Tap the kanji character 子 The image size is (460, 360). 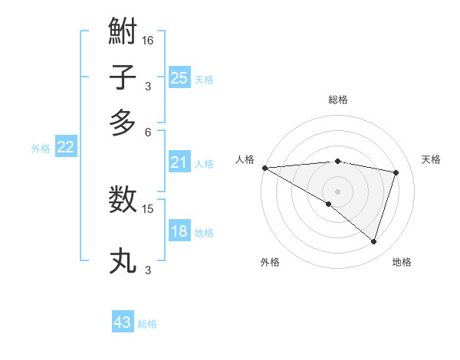[x=123, y=78]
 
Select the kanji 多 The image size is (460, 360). [x=123, y=123]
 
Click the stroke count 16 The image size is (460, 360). [x=148, y=40]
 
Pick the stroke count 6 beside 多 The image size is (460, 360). [x=148, y=131]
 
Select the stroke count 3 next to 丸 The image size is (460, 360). [x=148, y=270]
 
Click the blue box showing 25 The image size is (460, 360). [x=179, y=78]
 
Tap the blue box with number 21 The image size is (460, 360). [x=179, y=162]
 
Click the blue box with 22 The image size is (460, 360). [x=65, y=148]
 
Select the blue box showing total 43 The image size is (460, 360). [x=123, y=322]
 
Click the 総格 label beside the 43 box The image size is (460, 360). [x=148, y=324]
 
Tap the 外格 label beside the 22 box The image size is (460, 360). [x=41, y=149]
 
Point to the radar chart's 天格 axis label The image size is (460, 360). [x=432, y=159]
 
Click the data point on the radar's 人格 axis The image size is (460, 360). [x=264, y=168]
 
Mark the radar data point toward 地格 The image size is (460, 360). [x=373, y=241]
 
